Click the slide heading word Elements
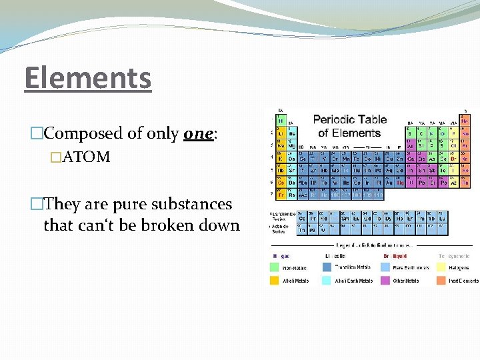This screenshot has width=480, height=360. [x=88, y=77]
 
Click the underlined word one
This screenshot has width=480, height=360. [x=198, y=133]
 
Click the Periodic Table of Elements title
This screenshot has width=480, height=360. [x=349, y=126]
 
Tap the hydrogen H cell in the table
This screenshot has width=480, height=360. [x=281, y=119]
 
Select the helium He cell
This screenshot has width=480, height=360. [x=465, y=119]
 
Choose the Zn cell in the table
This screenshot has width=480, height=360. [x=400, y=157]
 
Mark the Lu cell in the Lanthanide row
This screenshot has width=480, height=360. [x=442, y=217]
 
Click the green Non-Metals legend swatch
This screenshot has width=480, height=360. [x=274, y=267]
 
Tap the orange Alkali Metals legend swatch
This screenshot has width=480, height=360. [x=274, y=281]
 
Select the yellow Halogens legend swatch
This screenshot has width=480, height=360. [x=443, y=267]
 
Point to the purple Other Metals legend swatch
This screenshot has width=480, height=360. [x=385, y=281]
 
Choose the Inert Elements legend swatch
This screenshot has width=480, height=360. [x=443, y=281]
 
